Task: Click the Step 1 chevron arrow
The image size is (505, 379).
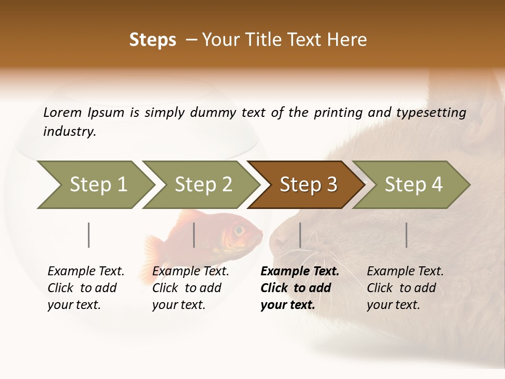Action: [95, 185]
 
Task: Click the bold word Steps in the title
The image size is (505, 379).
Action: [153, 40]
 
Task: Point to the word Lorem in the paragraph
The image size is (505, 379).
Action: [63, 112]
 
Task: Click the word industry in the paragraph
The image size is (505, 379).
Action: [69, 131]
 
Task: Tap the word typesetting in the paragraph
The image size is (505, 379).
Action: [431, 112]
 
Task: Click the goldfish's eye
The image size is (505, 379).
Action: [239, 230]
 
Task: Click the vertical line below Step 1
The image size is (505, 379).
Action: [89, 235]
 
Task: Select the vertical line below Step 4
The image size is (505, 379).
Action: [406, 235]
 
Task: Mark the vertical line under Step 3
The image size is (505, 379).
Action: [300, 235]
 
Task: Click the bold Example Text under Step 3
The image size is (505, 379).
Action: [300, 272]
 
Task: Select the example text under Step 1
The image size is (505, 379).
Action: [86, 287]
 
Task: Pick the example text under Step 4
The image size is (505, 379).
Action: [405, 287]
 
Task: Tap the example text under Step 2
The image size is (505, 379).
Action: [190, 287]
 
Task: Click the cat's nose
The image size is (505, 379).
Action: [276, 244]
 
